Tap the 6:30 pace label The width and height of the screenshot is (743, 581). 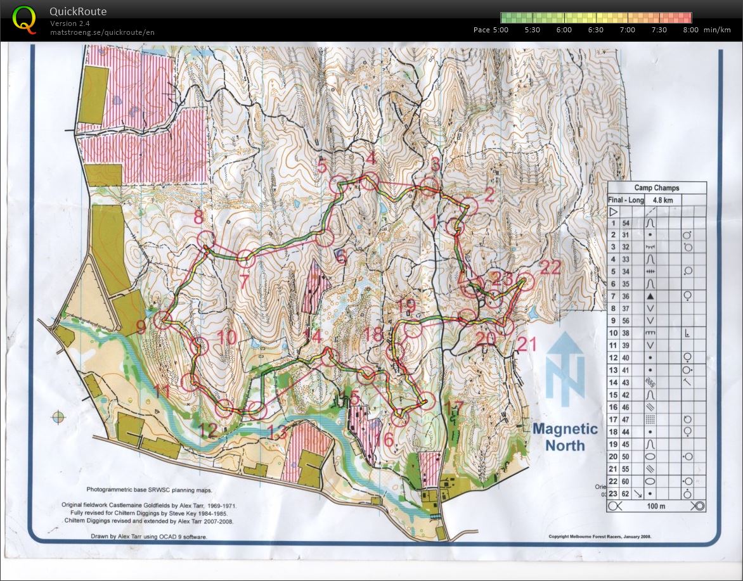pyautogui.click(x=595, y=30)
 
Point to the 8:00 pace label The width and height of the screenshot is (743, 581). pyautogui.click(x=690, y=30)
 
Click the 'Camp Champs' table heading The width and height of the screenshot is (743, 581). pyautogui.click(x=656, y=188)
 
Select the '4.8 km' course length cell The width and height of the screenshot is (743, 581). pyautogui.click(x=659, y=200)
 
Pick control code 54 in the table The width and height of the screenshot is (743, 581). pyautogui.click(x=626, y=223)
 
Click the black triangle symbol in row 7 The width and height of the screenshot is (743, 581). pyautogui.click(x=650, y=296)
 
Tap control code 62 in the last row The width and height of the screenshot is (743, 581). pyautogui.click(x=626, y=494)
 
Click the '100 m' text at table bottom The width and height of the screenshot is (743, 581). pyautogui.click(x=656, y=506)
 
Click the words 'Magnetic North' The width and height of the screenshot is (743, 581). pyautogui.click(x=565, y=437)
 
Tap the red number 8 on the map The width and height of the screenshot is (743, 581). pyautogui.click(x=198, y=218)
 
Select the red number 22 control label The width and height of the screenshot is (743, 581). pyautogui.click(x=551, y=268)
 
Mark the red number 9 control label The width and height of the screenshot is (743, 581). pyautogui.click(x=141, y=327)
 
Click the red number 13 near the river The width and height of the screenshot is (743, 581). pyautogui.click(x=277, y=433)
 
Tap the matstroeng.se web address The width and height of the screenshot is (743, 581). pyautogui.click(x=102, y=32)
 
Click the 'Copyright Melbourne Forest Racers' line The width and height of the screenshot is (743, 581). pyautogui.click(x=600, y=537)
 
